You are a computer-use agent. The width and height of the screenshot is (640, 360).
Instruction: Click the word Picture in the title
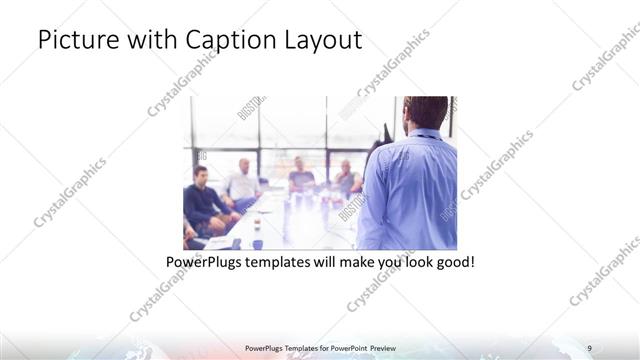pos(75,41)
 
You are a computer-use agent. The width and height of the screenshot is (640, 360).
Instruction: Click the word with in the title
pos(151,41)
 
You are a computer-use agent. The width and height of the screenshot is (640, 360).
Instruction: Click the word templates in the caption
pos(293,263)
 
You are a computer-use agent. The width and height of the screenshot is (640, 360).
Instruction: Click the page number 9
pos(590,348)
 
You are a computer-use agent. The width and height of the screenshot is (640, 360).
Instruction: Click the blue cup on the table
pos(257,243)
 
